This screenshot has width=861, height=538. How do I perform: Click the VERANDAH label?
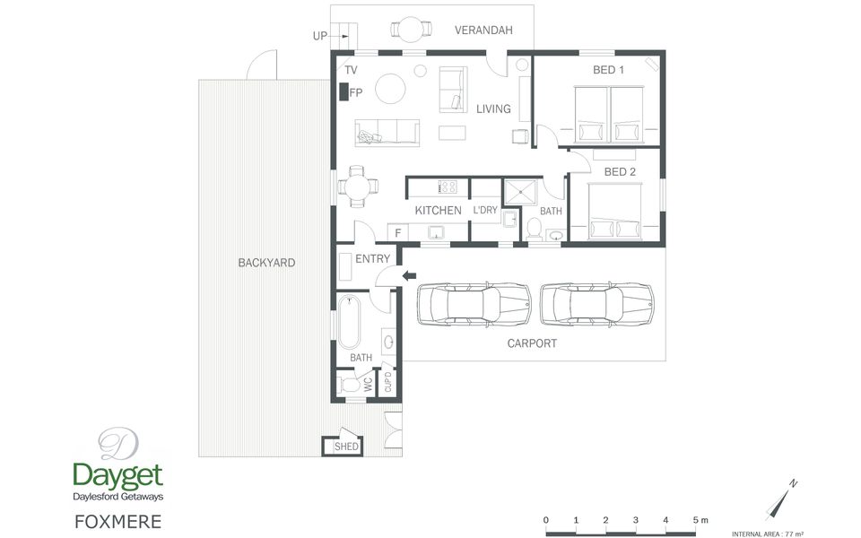tap(483, 30)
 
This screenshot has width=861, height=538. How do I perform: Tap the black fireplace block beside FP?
tap(344, 91)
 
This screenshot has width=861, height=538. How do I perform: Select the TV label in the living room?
tap(351, 70)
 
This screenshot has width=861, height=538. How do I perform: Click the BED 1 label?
tap(608, 70)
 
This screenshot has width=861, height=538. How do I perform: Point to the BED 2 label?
tap(620, 172)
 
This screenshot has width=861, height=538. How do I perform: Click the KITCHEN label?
tap(438, 210)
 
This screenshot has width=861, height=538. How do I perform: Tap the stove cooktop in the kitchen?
tap(448, 187)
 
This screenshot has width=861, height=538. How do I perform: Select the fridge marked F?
tap(398, 232)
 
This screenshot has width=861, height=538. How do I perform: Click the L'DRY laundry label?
tap(485, 210)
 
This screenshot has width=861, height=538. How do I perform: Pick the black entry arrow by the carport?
tap(409, 275)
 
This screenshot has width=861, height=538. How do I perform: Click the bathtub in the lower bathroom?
tap(349, 322)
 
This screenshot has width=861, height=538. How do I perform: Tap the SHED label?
tap(346, 447)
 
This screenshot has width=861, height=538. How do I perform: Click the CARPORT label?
tap(532, 343)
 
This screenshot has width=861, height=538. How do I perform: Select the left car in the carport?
tap(474, 305)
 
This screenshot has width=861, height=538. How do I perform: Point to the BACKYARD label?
tap(266, 263)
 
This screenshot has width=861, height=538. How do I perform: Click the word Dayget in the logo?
tap(118, 476)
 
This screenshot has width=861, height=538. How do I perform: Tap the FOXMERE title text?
tap(118, 522)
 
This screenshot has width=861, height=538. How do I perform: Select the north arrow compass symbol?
tap(781, 500)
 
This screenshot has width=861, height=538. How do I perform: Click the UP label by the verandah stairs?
tap(320, 36)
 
